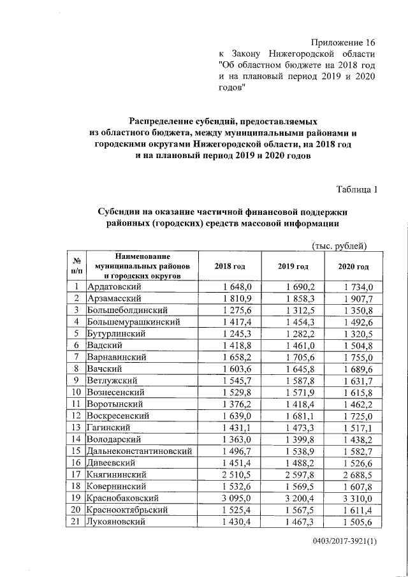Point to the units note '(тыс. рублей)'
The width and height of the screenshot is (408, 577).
[339, 246]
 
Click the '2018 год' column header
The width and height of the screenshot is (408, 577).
[229, 267]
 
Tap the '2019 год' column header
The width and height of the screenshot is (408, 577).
[294, 267]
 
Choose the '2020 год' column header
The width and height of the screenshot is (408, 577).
[353, 267]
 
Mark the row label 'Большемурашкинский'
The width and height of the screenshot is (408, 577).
[133, 321]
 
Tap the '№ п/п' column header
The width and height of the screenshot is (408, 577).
[76, 267]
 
